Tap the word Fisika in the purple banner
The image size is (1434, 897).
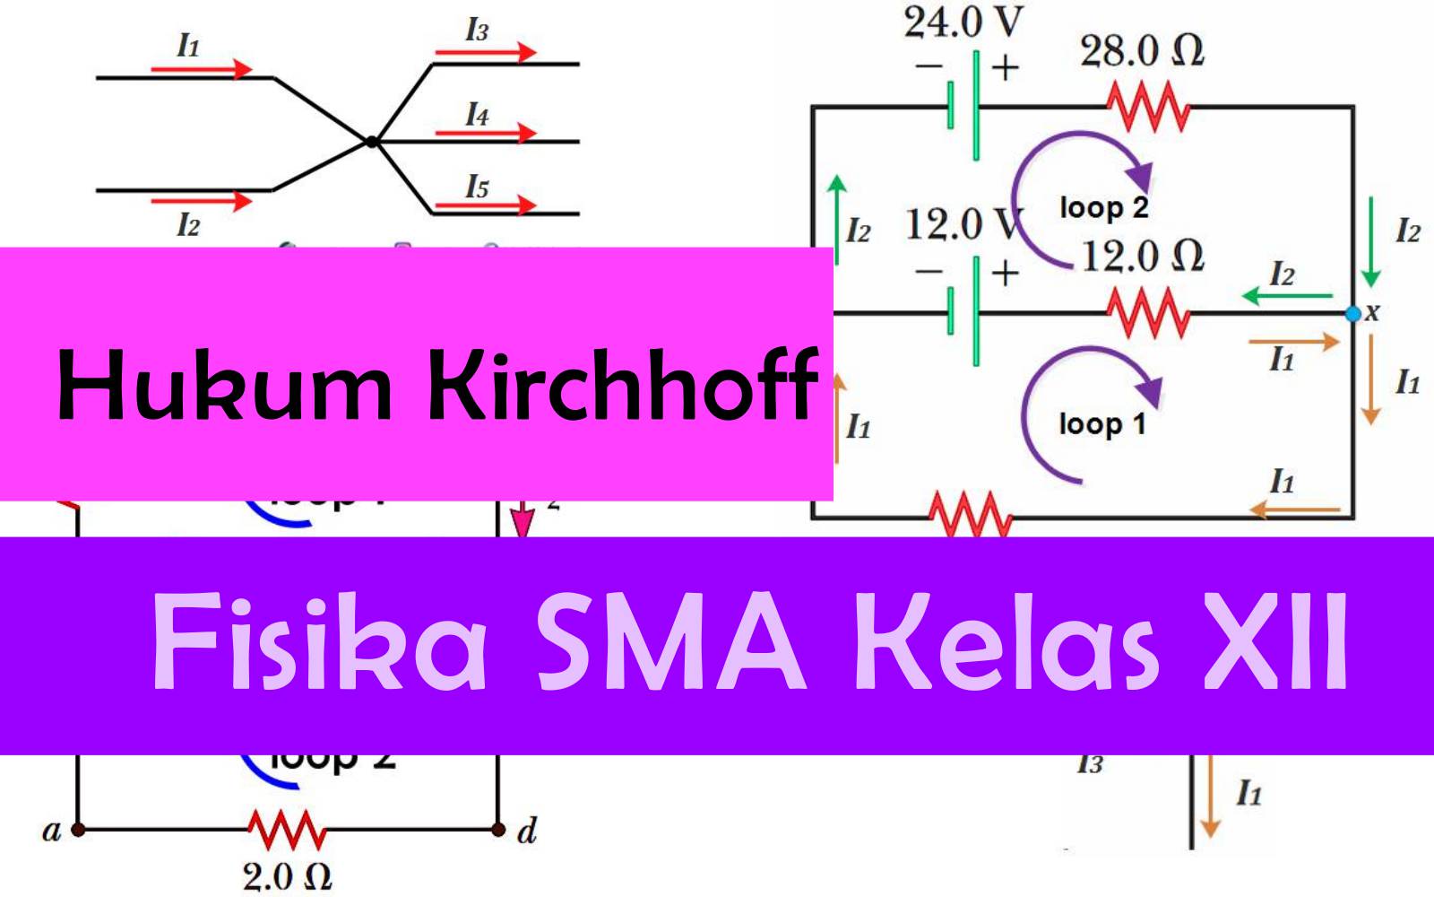point(319,642)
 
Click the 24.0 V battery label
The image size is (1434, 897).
point(963,22)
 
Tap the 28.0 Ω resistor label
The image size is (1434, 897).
point(1142,51)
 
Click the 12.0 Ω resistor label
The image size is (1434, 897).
point(1143,257)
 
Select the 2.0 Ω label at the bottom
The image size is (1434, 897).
point(287,876)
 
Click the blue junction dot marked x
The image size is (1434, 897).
point(1353,314)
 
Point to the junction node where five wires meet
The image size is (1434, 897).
point(371,141)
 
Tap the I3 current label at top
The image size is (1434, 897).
point(477,30)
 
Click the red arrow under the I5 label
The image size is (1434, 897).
point(485,205)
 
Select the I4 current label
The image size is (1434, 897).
point(477,115)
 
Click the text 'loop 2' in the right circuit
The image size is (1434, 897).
point(1103,208)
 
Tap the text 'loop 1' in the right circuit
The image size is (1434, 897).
point(1102,423)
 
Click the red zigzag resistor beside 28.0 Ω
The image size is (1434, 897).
point(1148,108)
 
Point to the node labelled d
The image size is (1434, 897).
point(498,830)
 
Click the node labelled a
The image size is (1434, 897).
point(78,830)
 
